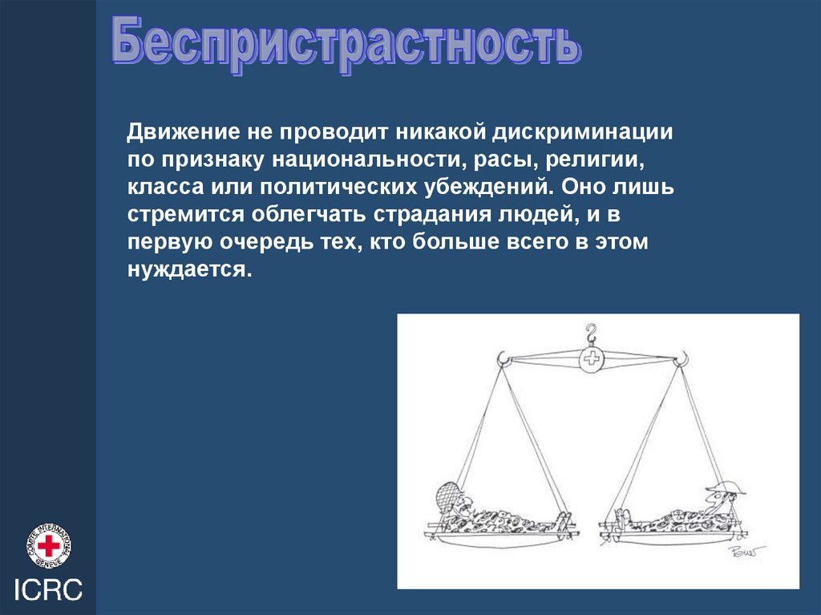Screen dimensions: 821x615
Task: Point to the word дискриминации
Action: point(582,133)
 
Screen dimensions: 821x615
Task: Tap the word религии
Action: point(594,160)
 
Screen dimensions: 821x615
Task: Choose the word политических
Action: point(338,187)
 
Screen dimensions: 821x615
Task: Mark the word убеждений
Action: point(489,187)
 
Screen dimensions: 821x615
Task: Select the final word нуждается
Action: point(189,269)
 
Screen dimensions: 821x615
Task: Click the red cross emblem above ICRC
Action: point(49,546)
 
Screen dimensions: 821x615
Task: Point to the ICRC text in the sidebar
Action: point(48,589)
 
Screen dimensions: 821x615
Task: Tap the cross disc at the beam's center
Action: point(592,358)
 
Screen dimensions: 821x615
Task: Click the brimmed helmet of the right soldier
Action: point(726,489)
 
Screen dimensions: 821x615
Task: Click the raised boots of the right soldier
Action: point(621,516)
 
